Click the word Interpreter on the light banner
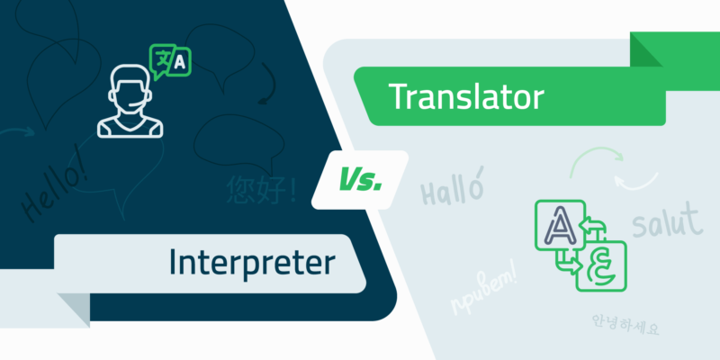(x=251, y=262)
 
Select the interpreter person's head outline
(x=127, y=85)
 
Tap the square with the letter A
(x=554, y=222)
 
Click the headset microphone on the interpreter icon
(x=142, y=103)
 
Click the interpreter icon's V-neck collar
(x=127, y=122)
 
